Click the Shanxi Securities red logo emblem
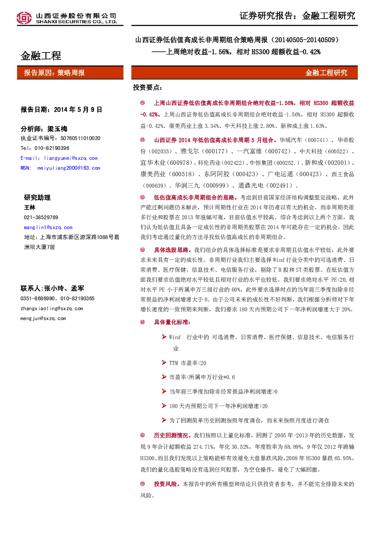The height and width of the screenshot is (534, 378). click(x=24, y=18)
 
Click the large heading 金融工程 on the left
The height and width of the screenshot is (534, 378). click(x=41, y=56)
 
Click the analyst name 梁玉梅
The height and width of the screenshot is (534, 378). click(x=57, y=129)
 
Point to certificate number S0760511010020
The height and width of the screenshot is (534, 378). click(x=80, y=138)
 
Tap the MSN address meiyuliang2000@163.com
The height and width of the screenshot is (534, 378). click(x=69, y=168)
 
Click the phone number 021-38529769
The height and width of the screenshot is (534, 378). click(x=41, y=217)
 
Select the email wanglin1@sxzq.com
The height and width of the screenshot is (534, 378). click(x=48, y=228)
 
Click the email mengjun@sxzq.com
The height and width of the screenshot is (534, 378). click(x=43, y=319)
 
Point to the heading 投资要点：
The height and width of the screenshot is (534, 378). click(x=147, y=88)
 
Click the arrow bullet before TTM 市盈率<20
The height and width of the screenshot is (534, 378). click(x=164, y=363)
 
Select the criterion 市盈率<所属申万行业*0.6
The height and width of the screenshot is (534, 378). click(x=202, y=377)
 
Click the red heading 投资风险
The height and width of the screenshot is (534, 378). click(x=165, y=484)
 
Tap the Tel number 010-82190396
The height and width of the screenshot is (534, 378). click(x=52, y=148)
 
